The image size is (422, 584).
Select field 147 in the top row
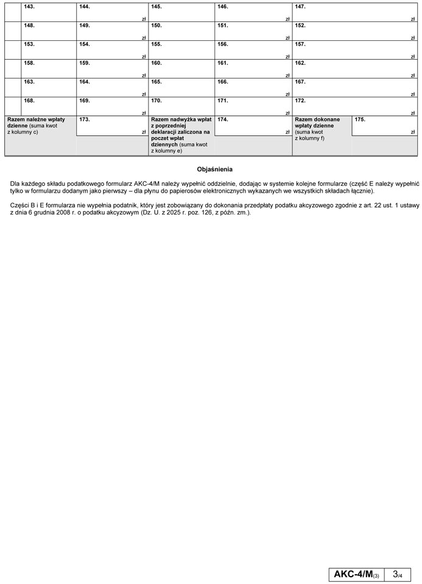click(x=354, y=13)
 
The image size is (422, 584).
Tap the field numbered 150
click(x=181, y=32)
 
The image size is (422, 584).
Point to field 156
click(x=253, y=50)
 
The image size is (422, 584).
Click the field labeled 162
click(x=354, y=69)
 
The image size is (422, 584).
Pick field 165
click(x=181, y=87)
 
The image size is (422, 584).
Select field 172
click(x=354, y=106)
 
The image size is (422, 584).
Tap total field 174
click(x=253, y=125)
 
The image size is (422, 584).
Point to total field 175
click(x=384, y=125)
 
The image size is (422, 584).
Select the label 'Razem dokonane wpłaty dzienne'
click(x=317, y=123)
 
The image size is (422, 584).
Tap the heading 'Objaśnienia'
click(x=215, y=169)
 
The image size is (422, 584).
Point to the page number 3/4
click(x=398, y=574)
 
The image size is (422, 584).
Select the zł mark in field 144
click(x=144, y=19)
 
